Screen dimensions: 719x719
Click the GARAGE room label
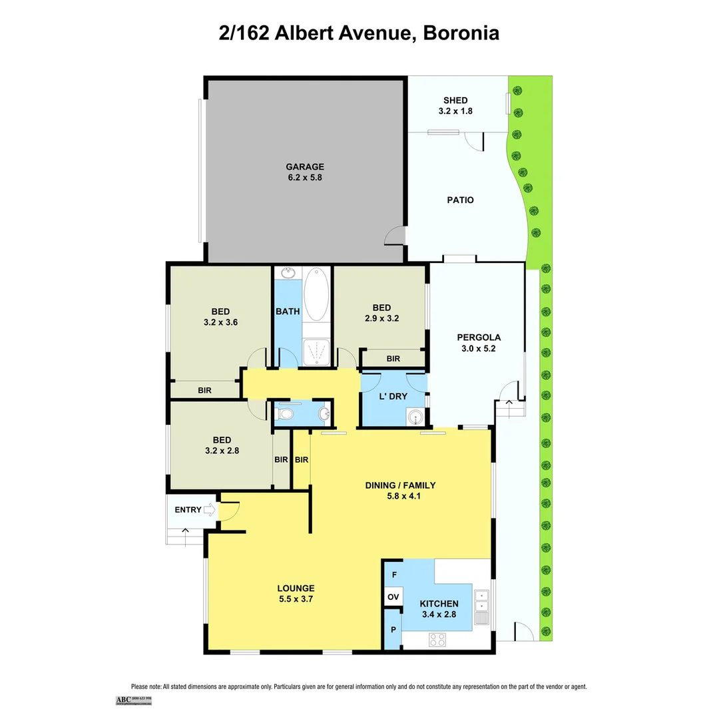[x=305, y=167]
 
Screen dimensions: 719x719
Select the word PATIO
[x=460, y=200]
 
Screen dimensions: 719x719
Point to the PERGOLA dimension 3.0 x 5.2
[x=478, y=347]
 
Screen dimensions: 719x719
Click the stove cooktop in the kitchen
[x=437, y=640]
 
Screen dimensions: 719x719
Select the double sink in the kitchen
[x=481, y=606]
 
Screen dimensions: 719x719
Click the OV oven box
[x=393, y=597]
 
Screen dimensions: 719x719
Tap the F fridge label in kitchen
[x=393, y=574]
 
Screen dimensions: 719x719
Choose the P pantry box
[x=393, y=630]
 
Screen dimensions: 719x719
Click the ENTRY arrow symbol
[x=210, y=511]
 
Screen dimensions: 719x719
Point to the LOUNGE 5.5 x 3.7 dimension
[x=296, y=599]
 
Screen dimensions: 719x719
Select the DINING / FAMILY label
[x=400, y=485]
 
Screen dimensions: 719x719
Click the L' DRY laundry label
[x=393, y=396]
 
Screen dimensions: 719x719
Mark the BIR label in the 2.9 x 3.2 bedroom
[x=393, y=359]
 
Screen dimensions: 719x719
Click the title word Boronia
[x=460, y=33]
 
